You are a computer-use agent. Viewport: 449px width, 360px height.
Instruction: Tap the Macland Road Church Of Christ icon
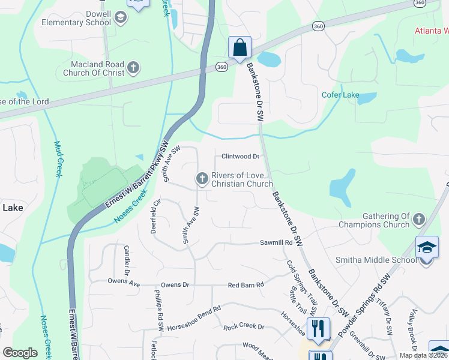point(134,68)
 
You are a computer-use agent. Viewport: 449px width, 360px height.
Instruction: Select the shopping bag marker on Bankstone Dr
point(240,47)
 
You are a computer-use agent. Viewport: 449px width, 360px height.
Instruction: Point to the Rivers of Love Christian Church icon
point(202,178)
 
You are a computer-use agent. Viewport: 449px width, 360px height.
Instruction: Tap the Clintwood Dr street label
point(240,157)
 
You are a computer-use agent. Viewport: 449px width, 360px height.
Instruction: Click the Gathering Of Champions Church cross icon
point(419,220)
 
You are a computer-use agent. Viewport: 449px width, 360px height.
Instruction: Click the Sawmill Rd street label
point(276,242)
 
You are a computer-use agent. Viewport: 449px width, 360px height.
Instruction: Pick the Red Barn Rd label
point(246,285)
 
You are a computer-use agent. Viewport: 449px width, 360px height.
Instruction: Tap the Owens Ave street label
point(124,281)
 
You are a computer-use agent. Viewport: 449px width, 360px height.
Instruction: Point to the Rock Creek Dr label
point(244,327)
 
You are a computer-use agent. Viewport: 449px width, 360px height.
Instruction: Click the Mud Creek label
point(59,159)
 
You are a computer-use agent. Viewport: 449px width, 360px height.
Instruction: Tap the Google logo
point(20,353)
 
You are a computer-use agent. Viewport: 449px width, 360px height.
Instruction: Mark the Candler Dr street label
point(127,257)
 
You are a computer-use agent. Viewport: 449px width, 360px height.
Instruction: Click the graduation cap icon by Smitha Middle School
point(426,247)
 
